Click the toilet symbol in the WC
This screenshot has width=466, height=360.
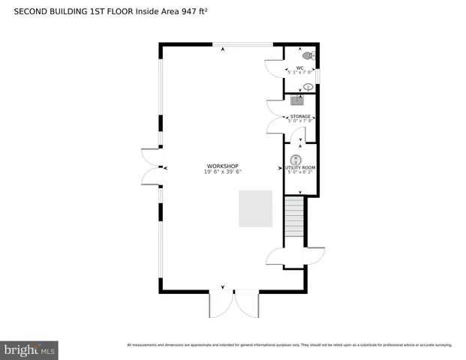point(306,55)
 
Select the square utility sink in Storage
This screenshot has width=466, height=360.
point(296,100)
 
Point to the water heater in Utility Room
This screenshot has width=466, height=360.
point(296,159)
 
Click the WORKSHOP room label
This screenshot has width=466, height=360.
point(223,166)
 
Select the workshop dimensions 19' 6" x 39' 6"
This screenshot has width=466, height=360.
point(223,172)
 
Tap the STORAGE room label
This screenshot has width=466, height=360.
point(300,116)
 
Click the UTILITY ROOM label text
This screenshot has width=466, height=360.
point(299,167)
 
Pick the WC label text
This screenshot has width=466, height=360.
point(299,67)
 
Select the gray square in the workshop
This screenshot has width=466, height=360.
point(254,208)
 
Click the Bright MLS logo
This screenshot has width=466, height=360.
point(30,349)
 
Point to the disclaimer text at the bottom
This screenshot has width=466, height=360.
point(290,345)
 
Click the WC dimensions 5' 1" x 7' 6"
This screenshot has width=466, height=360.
point(299,73)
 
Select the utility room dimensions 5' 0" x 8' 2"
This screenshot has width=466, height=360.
point(299,172)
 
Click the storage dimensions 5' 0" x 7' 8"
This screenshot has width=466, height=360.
point(300,121)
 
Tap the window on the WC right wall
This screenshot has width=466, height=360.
point(318,76)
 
